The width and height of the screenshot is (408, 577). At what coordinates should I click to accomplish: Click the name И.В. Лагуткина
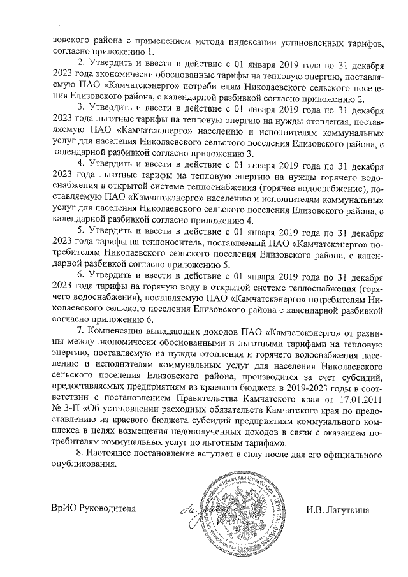337,509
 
